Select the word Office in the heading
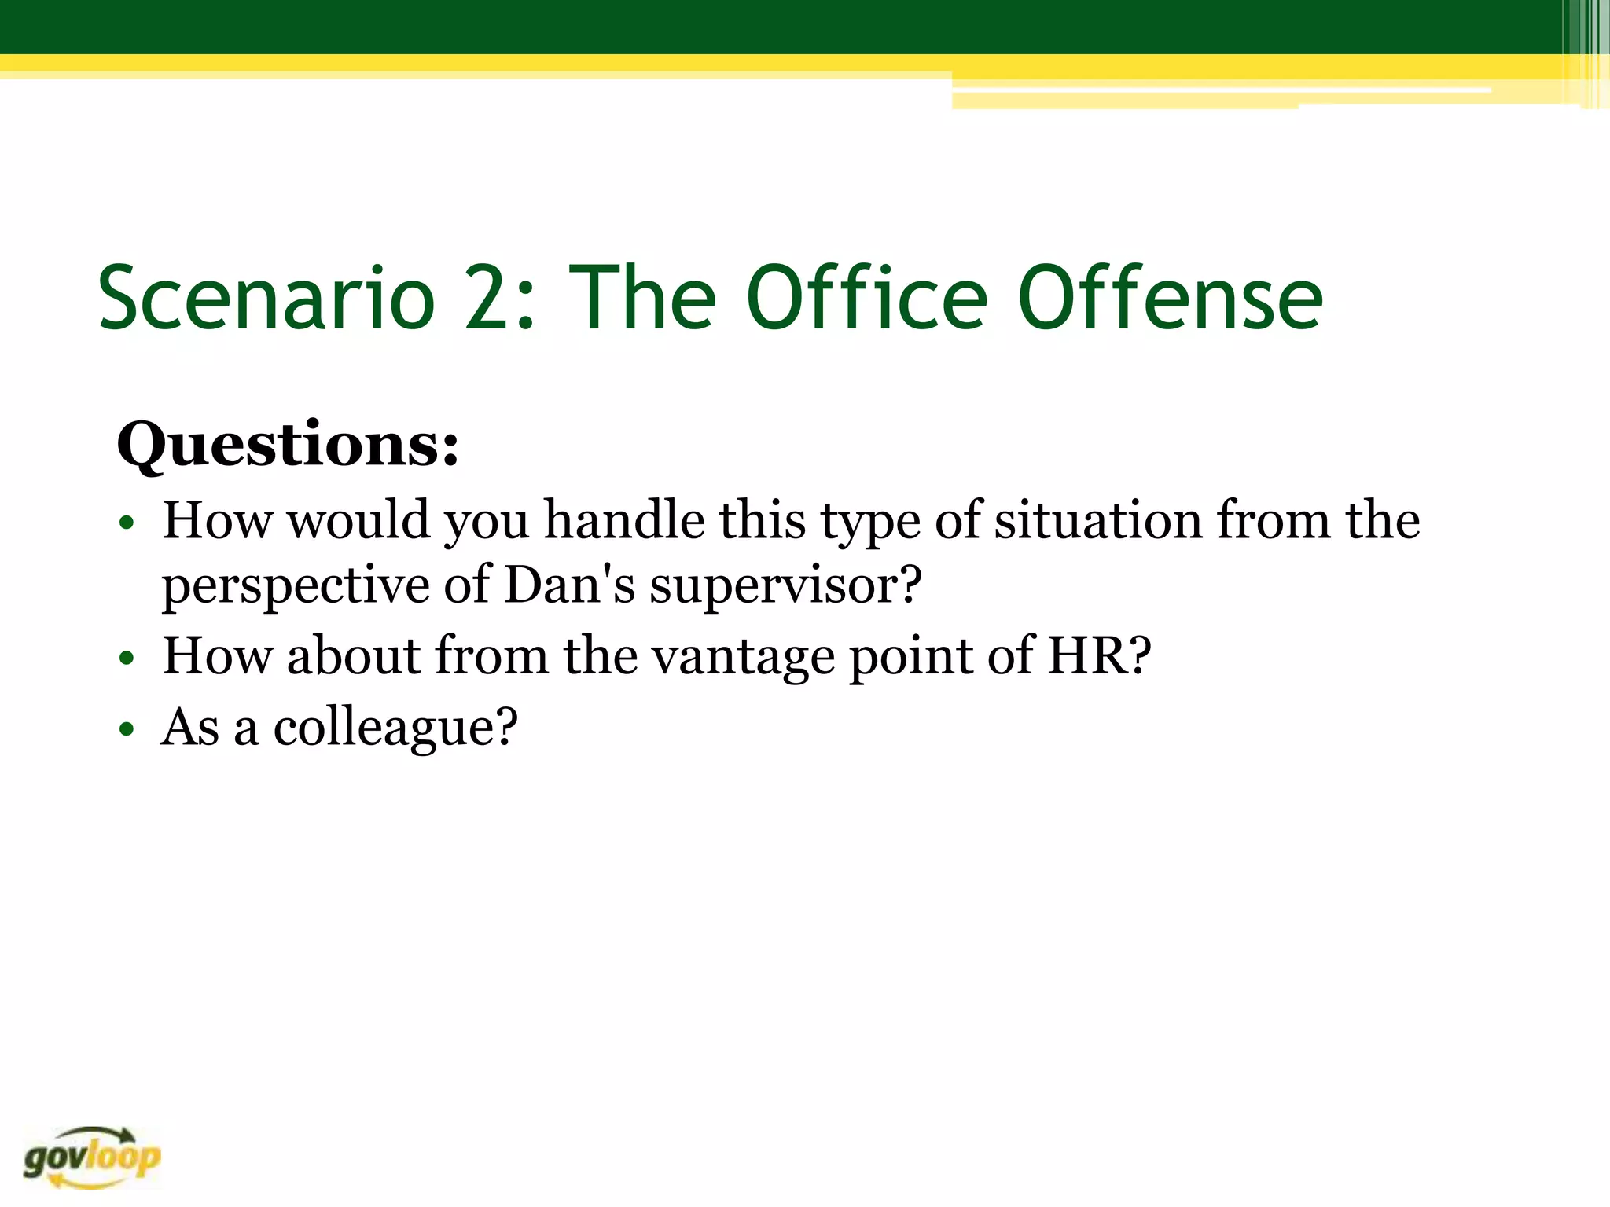866,299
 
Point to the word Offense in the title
1171,299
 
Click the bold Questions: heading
288,446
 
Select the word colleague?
395,727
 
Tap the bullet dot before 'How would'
127,523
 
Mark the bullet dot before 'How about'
127,658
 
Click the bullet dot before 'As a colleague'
127,729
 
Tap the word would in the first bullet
359,520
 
